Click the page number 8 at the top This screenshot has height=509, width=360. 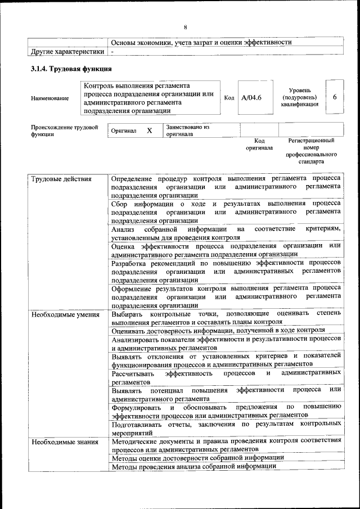184,27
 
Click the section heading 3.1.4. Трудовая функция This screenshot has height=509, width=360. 71,69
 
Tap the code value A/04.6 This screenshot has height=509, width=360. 251,98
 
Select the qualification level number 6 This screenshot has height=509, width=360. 335,97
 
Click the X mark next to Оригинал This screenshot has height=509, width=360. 149,130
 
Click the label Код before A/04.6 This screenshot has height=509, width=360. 229,98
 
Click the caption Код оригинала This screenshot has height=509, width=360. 259,144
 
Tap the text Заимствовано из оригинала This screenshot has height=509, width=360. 187,130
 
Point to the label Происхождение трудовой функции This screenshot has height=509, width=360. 64,130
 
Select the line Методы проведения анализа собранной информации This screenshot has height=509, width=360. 193,466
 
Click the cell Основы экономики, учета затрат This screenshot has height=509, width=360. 201,42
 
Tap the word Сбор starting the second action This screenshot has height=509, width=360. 120,203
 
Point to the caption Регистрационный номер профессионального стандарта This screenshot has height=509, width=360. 311,150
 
